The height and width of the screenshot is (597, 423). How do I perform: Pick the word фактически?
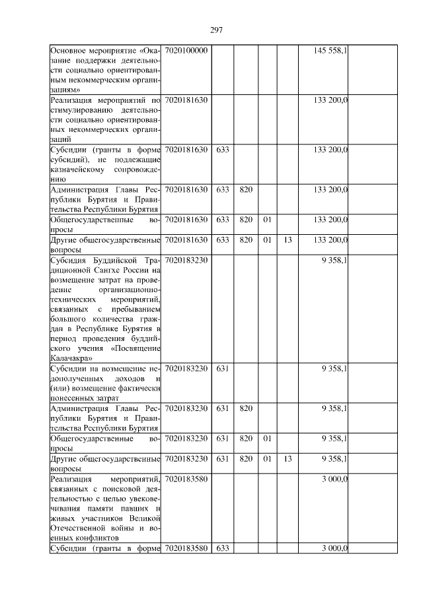pyautogui.click(x=136, y=388)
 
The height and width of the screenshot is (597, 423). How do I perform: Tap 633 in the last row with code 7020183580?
pyautogui.click(x=222, y=549)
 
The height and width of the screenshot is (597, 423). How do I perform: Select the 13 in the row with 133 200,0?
pyautogui.click(x=287, y=239)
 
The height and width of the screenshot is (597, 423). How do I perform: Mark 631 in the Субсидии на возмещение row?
pyautogui.click(x=222, y=368)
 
